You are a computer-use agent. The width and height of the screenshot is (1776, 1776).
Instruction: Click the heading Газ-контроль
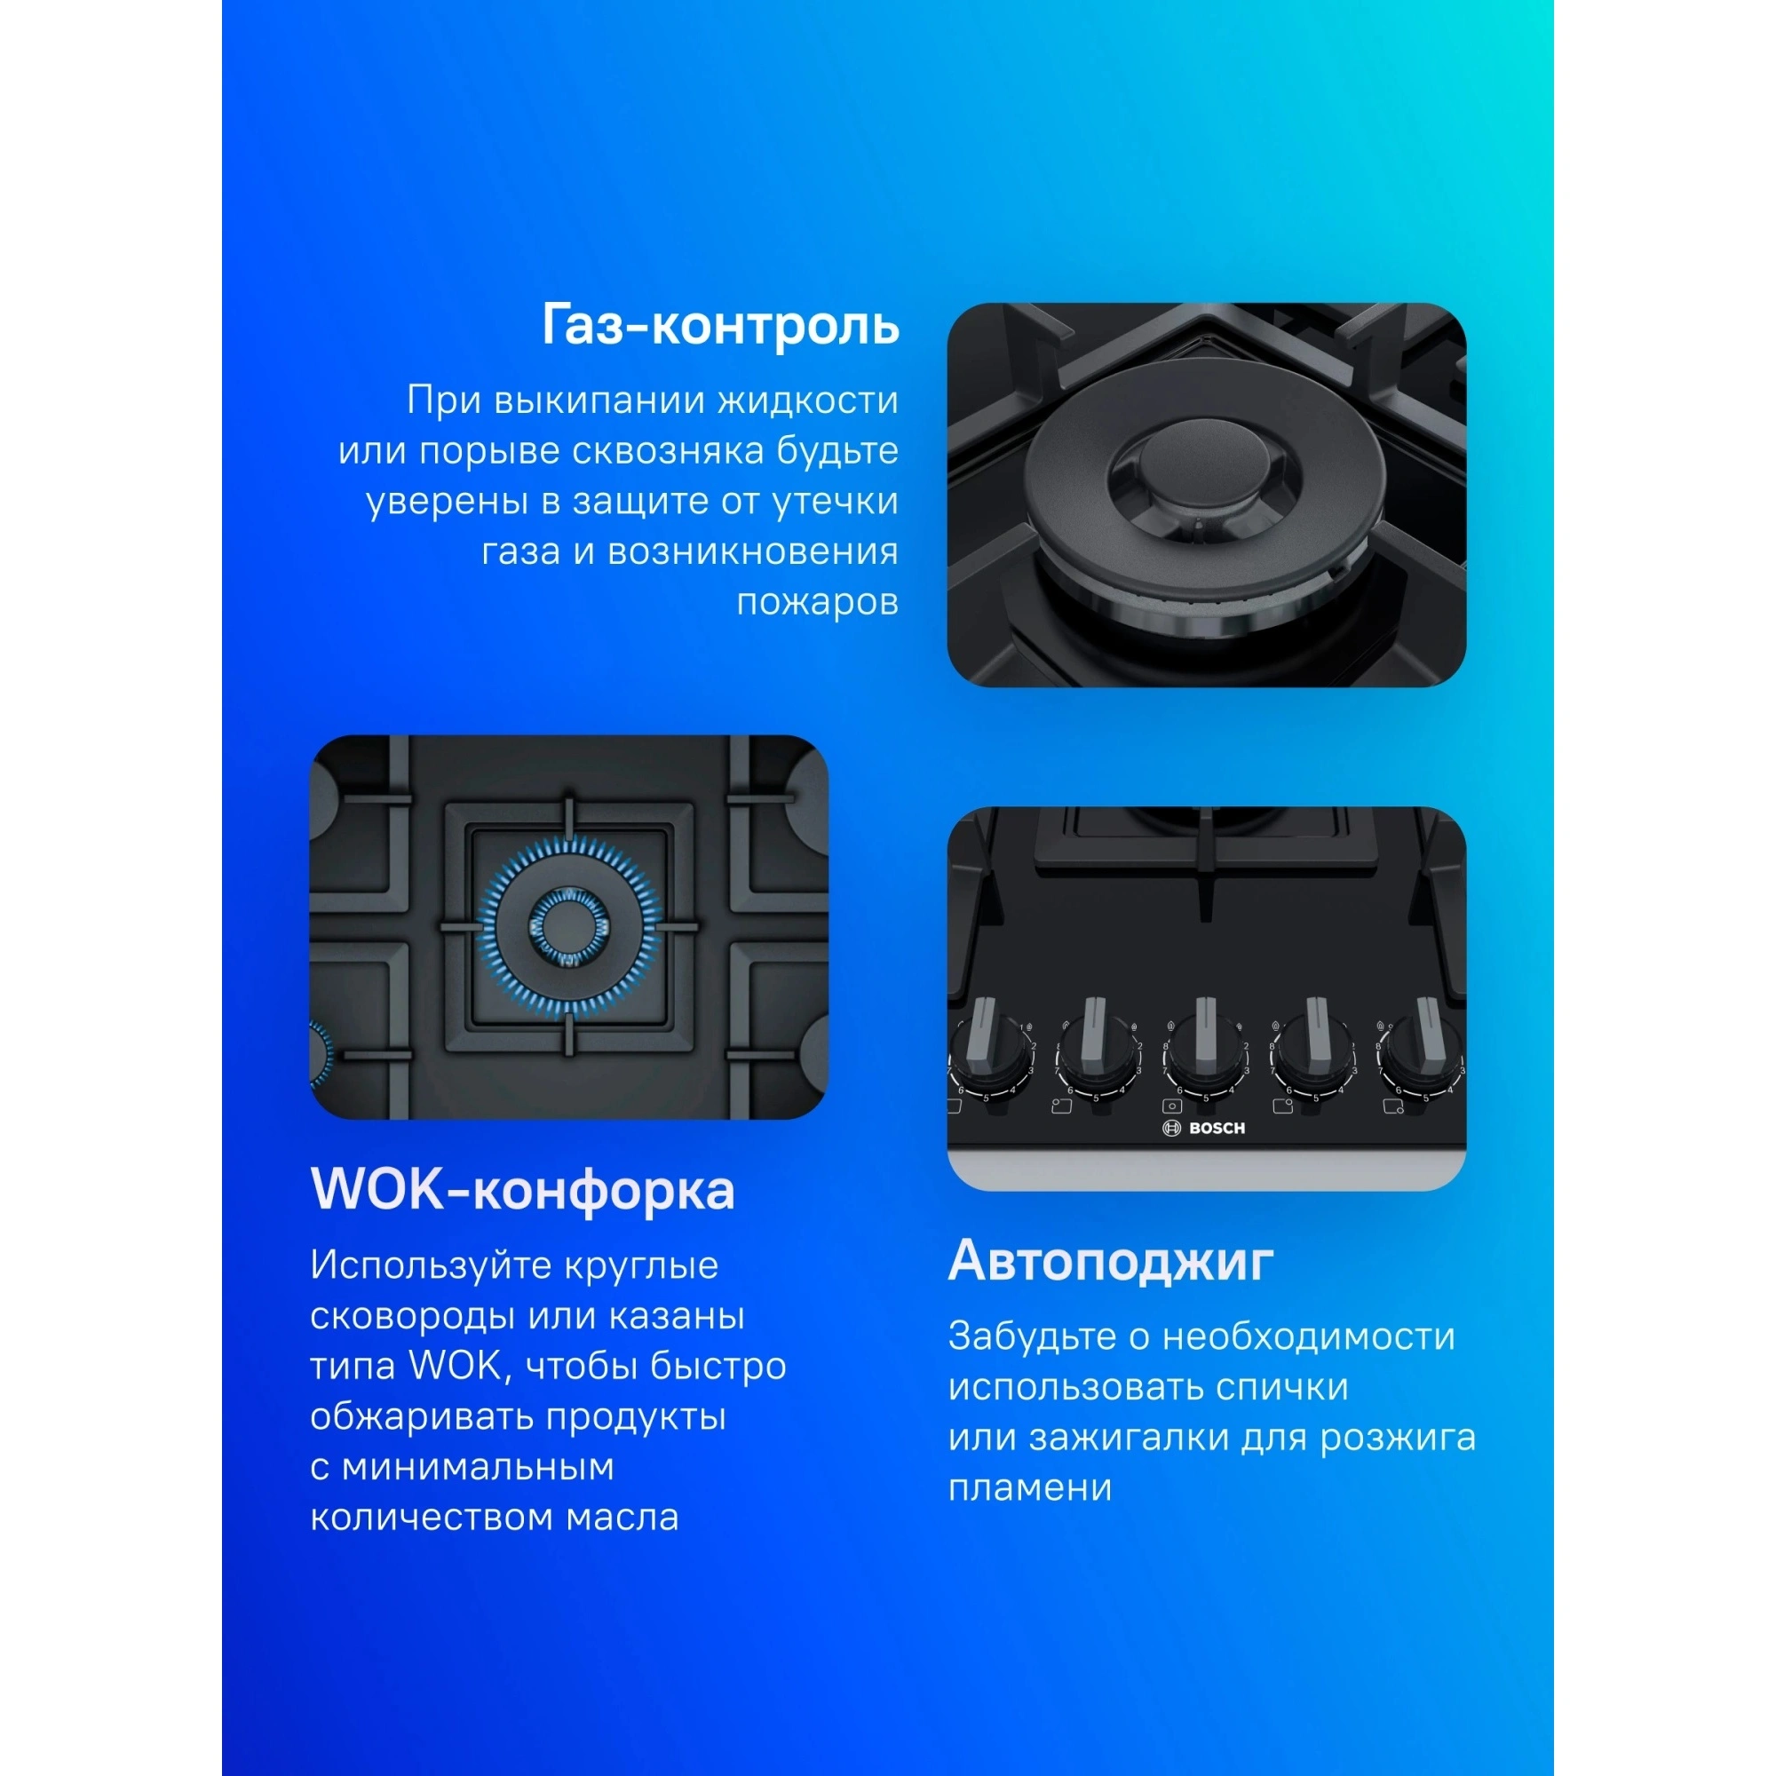[720, 326]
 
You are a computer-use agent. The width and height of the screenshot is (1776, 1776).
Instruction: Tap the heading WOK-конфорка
[522, 1190]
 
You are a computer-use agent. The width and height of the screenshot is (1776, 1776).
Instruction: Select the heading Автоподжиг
[1111, 1261]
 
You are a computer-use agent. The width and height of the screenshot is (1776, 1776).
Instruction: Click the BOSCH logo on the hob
[1204, 1128]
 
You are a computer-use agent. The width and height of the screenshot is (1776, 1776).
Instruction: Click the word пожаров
[817, 602]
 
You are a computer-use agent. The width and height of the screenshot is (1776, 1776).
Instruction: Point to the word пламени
[1029, 1487]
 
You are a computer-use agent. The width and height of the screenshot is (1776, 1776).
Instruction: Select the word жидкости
[807, 400]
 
